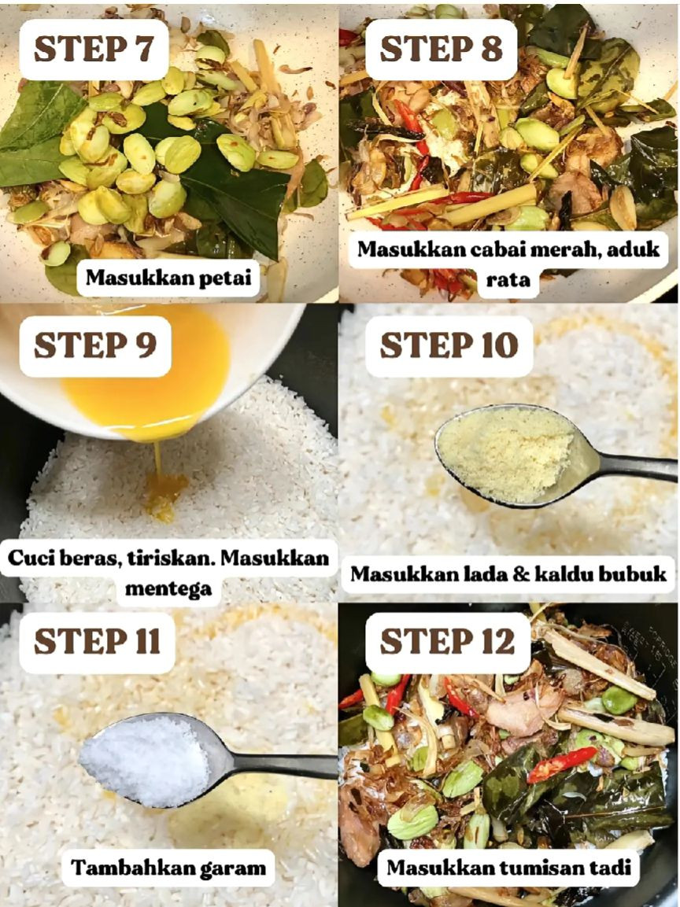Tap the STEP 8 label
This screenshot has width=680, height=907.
[441, 49]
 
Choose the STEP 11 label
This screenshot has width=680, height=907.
[97, 641]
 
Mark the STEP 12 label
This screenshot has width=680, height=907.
[448, 641]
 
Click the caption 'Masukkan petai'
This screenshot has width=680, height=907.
[168, 278]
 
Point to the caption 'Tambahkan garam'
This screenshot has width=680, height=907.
[168, 868]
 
